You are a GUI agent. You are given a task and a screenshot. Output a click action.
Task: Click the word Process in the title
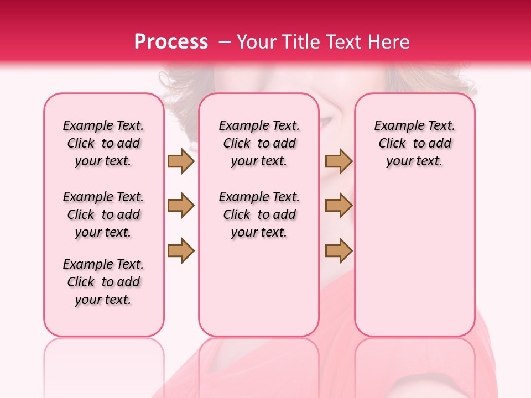[x=171, y=42]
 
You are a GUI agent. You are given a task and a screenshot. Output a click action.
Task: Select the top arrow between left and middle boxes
[x=181, y=161]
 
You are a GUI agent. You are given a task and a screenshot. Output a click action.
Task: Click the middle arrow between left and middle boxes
[x=181, y=206]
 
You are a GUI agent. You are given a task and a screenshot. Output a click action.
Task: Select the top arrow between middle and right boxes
[x=339, y=161]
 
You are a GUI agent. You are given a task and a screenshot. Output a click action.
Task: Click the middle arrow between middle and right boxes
[x=339, y=206]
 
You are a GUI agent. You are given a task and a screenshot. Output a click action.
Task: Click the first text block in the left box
[x=103, y=143]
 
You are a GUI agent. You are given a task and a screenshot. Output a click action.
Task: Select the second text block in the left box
[x=103, y=214]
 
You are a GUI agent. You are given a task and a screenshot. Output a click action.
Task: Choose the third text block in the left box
[x=103, y=282]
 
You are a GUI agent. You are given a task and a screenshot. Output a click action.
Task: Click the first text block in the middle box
[x=259, y=143]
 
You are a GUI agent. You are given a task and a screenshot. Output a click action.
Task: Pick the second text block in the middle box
[x=259, y=214]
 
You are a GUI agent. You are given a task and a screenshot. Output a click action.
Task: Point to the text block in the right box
[x=414, y=143]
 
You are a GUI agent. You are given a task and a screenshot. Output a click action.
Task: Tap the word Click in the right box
[x=392, y=144]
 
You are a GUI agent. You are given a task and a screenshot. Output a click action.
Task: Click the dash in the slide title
[x=224, y=42]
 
